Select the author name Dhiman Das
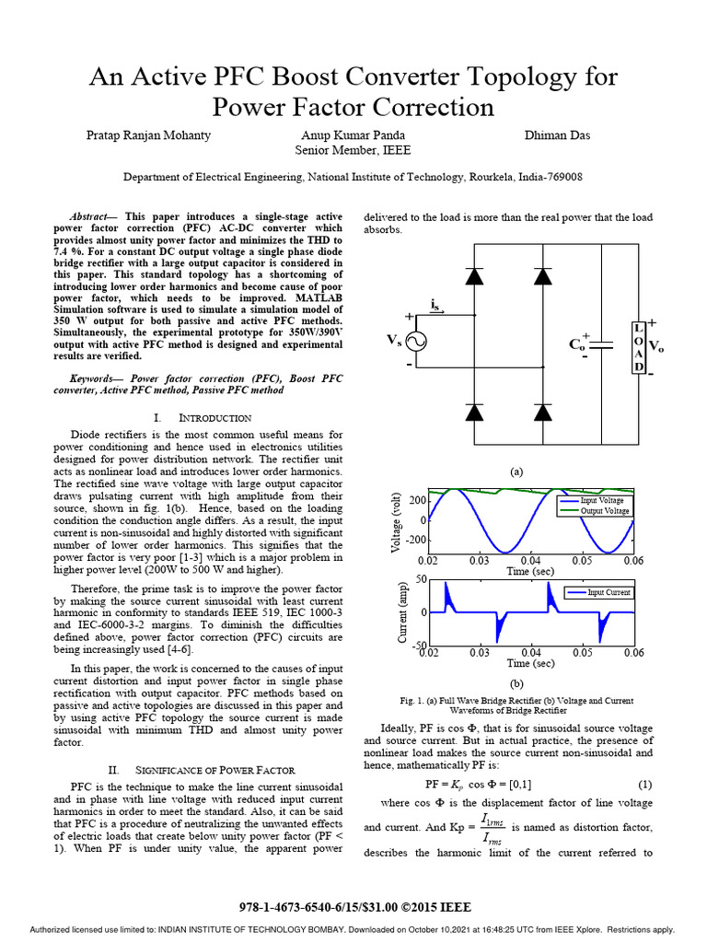point(557,135)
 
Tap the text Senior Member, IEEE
point(353,150)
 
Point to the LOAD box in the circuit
point(638,347)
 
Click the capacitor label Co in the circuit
point(577,344)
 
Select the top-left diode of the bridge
point(475,274)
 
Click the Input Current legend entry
point(608,592)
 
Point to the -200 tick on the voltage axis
point(415,541)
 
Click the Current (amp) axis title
point(402,612)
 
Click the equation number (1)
point(646,784)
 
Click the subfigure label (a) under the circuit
point(516,471)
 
